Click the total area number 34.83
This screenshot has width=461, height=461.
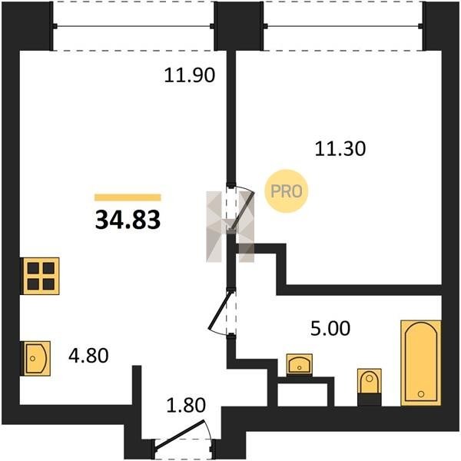(x=128, y=220)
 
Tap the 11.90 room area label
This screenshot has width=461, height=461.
(x=190, y=75)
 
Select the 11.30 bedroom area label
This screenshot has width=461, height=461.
(x=340, y=148)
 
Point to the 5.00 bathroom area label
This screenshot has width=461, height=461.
(x=330, y=328)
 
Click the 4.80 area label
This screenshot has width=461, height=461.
(x=88, y=356)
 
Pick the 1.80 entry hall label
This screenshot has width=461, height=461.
(x=186, y=405)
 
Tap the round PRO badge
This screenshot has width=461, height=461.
(x=287, y=191)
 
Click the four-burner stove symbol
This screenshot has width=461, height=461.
(x=41, y=276)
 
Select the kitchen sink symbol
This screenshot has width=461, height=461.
(x=35, y=358)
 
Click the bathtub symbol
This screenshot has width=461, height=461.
(x=421, y=363)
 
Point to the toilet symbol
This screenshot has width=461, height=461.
(x=370, y=387)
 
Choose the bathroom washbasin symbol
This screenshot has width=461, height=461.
(x=300, y=364)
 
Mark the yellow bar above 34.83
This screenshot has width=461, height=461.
(x=128, y=197)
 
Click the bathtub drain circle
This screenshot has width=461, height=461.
(x=421, y=393)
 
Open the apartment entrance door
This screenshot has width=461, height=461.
(x=179, y=436)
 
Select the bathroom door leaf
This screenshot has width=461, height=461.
(x=219, y=310)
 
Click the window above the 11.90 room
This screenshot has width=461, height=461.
(x=134, y=26)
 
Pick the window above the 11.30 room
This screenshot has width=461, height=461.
(x=343, y=26)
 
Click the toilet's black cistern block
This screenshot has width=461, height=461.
(x=370, y=400)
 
